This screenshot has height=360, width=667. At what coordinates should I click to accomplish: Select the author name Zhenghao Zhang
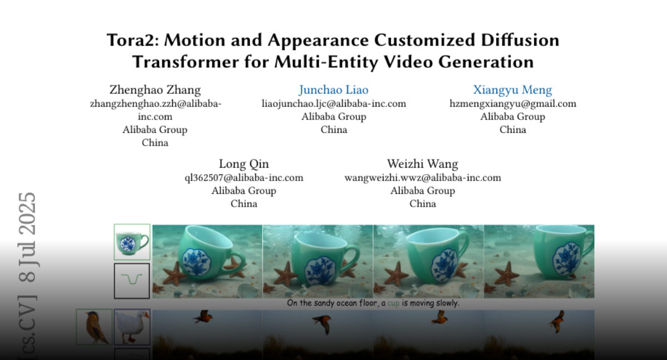(x=155, y=90)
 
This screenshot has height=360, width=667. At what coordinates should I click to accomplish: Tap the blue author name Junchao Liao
(x=334, y=90)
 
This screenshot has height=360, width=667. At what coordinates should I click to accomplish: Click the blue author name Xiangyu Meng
(x=512, y=90)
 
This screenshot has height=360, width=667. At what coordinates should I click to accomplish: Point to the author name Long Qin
(x=244, y=164)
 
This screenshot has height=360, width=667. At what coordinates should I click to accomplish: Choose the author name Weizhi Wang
(x=422, y=164)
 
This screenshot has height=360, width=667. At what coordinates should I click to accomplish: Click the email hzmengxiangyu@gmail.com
(x=512, y=104)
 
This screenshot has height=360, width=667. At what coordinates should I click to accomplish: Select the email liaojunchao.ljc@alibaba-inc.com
(x=334, y=104)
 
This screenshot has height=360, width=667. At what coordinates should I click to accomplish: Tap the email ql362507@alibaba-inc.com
(x=244, y=178)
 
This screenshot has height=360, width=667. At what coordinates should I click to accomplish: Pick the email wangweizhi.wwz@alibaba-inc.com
(x=423, y=178)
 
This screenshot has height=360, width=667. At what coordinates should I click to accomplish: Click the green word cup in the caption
(x=393, y=303)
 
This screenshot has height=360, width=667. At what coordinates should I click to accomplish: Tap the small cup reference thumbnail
(x=132, y=242)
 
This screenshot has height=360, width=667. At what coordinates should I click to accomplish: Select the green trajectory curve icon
(x=132, y=279)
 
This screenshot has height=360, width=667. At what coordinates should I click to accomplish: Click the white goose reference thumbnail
(x=132, y=327)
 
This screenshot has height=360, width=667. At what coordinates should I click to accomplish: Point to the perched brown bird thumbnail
(x=94, y=327)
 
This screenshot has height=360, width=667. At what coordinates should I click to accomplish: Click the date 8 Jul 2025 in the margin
(x=27, y=237)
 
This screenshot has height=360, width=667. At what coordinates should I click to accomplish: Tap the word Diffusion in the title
(x=520, y=40)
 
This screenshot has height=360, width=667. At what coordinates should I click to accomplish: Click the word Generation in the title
(x=486, y=62)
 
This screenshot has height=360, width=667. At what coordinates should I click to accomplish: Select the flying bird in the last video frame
(x=557, y=322)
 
